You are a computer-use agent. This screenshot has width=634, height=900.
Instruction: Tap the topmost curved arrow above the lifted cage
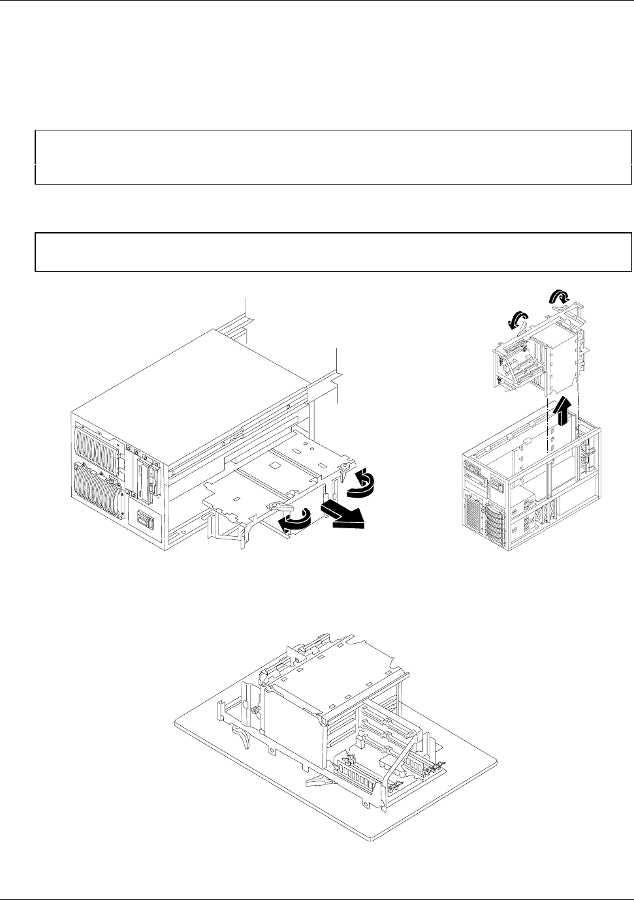tap(559, 299)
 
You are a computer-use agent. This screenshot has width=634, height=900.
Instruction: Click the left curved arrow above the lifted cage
tap(518, 320)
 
